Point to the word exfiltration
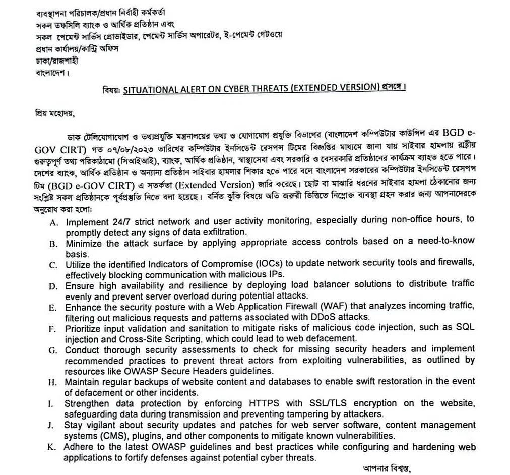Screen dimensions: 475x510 pos(221,232)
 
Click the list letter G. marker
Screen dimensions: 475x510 pos(53,349)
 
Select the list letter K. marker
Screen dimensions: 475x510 pos(52,447)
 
